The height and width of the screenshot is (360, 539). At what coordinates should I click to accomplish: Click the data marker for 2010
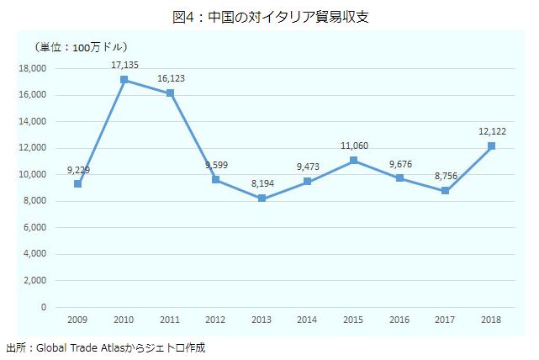pyautogui.click(x=124, y=80)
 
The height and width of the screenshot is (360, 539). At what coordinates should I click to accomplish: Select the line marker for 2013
pyautogui.click(x=262, y=199)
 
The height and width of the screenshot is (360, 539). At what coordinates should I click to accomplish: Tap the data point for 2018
pyautogui.click(x=491, y=146)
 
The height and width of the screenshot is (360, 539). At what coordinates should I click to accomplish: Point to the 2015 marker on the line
pyautogui.click(x=353, y=161)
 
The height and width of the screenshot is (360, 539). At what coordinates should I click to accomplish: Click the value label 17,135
pyautogui.click(x=124, y=64)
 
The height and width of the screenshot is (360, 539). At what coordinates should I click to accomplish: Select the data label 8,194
pyautogui.click(x=262, y=183)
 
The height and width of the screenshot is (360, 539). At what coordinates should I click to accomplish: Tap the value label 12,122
pyautogui.click(x=492, y=130)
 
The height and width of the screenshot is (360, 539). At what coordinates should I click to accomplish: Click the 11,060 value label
pyautogui.click(x=355, y=146)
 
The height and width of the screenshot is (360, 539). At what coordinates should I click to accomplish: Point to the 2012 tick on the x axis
pyautogui.click(x=216, y=320)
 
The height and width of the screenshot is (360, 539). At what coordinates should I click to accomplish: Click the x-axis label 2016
pyautogui.click(x=399, y=320)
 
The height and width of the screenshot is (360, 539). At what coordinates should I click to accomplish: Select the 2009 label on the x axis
pyautogui.click(x=78, y=320)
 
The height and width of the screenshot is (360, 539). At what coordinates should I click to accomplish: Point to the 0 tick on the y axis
pyautogui.click(x=44, y=307)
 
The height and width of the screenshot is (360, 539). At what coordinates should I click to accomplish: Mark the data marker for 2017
pyautogui.click(x=445, y=191)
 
